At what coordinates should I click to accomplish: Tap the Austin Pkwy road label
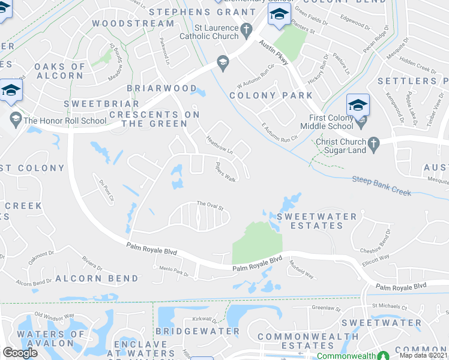point(274,53)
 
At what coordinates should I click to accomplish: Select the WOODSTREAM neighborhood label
point(133,23)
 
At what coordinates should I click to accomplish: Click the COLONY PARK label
point(271,95)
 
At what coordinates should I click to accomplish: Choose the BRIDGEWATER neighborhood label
point(197,331)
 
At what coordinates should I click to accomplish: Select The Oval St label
point(210,204)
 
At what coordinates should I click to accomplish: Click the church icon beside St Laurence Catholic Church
point(246,29)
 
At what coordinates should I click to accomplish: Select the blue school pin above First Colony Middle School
point(358,105)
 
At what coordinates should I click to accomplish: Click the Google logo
point(20,353)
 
